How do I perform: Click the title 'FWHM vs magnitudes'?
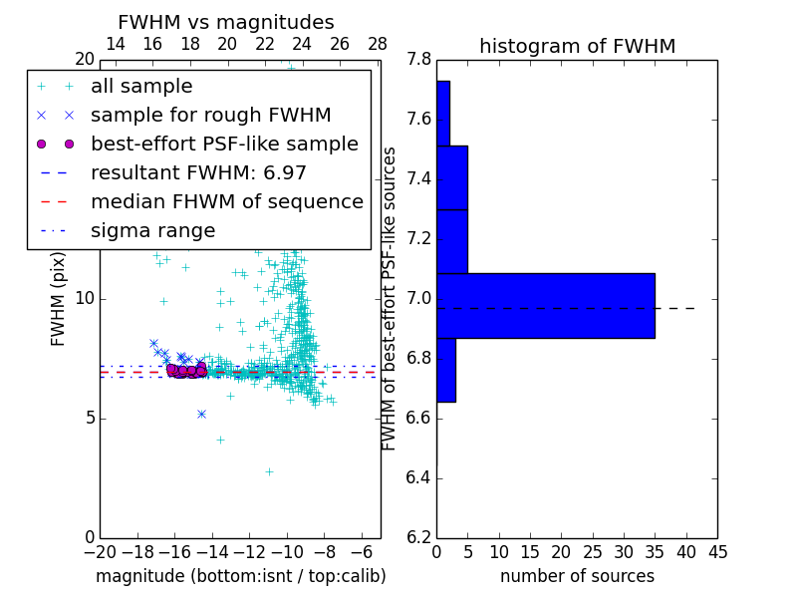pos(226,23)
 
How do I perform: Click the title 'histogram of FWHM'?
pos(577,47)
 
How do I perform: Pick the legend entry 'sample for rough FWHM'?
pos(210,116)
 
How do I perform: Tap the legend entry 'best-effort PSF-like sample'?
pos(224,145)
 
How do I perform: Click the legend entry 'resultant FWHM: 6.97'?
pos(198,173)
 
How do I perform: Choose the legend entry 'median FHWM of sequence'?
pos(226,202)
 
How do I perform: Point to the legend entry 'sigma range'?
pos(152,231)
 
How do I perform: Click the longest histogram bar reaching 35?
pos(545,305)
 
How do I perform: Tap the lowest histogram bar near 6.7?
pos(446,370)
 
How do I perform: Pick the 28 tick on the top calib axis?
pos(378,45)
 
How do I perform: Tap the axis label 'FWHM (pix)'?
pos(59,298)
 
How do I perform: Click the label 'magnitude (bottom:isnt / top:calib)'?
pos(240,576)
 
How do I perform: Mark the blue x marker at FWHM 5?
pos(201,414)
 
